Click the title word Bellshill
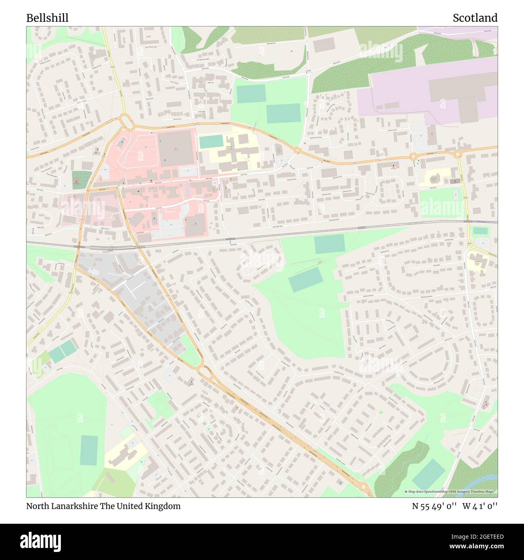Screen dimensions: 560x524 click(x=47, y=18)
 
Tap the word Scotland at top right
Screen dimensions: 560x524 click(x=475, y=18)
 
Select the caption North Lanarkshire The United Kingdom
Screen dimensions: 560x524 click(x=103, y=506)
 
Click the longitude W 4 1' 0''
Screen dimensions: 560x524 click(x=480, y=506)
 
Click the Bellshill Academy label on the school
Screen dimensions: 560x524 click(x=229, y=148)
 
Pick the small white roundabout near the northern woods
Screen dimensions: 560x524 click(x=309, y=73)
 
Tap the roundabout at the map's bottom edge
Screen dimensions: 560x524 click(x=364, y=488)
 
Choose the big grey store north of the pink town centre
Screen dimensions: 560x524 click(x=177, y=148)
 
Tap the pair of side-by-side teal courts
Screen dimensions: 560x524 click(x=62, y=351)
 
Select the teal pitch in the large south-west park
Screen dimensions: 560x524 click(x=89, y=450)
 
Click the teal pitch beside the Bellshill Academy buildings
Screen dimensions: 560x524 click(x=211, y=142)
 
